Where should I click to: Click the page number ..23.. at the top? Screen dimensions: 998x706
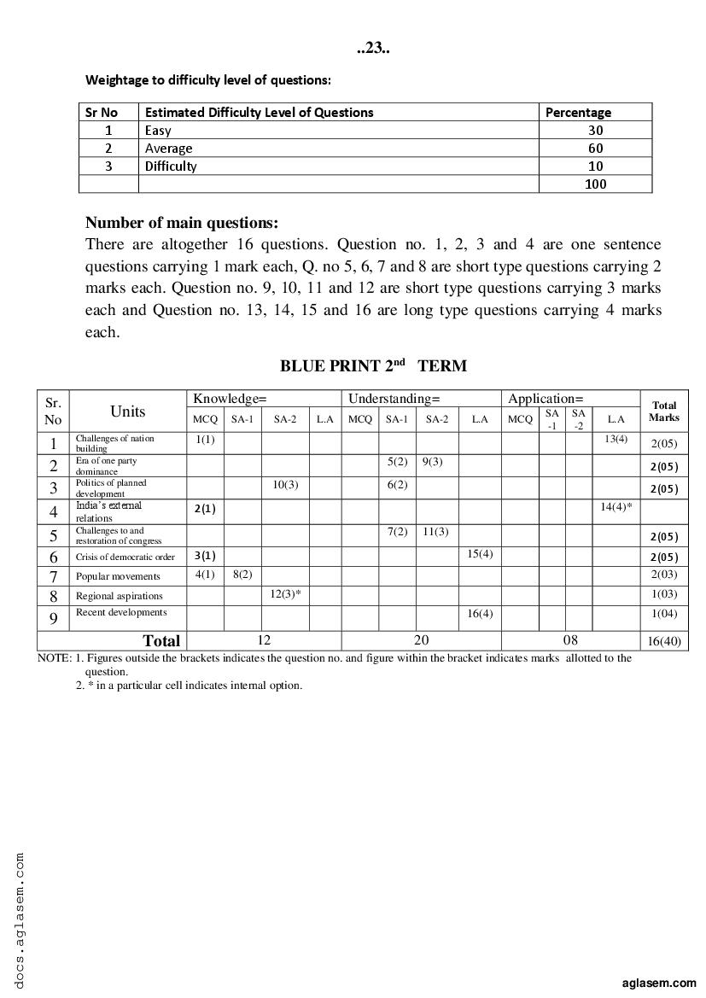tap(373, 49)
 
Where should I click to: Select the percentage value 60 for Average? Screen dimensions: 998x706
tap(595, 149)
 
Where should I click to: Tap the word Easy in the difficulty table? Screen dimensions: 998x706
tap(158, 131)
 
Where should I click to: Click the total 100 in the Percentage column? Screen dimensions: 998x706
tap(595, 184)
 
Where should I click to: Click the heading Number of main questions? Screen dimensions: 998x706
tap(182, 223)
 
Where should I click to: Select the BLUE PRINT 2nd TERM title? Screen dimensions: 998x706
tap(373, 365)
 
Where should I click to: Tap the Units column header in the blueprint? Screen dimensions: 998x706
tap(127, 411)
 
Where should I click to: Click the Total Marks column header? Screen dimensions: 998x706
tap(663, 411)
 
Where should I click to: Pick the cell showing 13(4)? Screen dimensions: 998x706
tap(615, 439)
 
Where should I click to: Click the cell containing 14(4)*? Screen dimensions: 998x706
tap(616, 507)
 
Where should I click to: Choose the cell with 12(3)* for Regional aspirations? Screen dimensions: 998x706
tap(285, 593)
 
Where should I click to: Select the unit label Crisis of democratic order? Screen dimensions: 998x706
tap(125, 557)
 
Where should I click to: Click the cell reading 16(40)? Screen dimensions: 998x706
tap(664, 641)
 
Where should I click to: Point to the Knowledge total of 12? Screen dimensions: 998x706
tap(263, 639)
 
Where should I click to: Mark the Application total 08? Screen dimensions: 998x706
tap(570, 639)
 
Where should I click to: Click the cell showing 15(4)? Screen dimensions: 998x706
tap(480, 554)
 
